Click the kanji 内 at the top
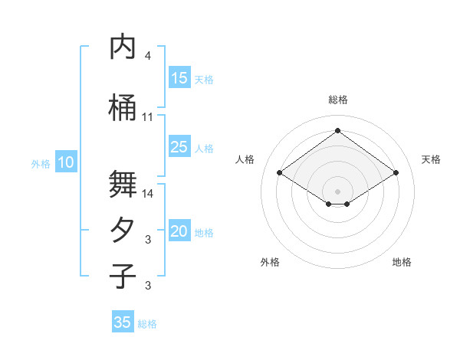pos(123,47)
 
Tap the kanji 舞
pos(123,184)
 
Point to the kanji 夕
pos(123,231)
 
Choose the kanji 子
pos(123,277)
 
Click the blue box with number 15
pos(179,78)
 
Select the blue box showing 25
pos(179,148)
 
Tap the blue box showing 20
pos(179,232)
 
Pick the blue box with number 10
pos(66,162)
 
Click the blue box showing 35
pos(123,322)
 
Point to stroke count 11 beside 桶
pos(148,117)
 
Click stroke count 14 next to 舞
pos(148,194)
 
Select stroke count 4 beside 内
pos(148,56)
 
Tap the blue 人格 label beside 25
pos(204,149)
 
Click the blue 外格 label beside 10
pos(41,163)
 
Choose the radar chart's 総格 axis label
pos(337,100)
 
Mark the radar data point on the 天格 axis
pos(396,173)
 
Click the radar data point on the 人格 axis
pos(280,173)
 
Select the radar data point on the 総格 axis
pos(337,131)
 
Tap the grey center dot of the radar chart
pos(337,190)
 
